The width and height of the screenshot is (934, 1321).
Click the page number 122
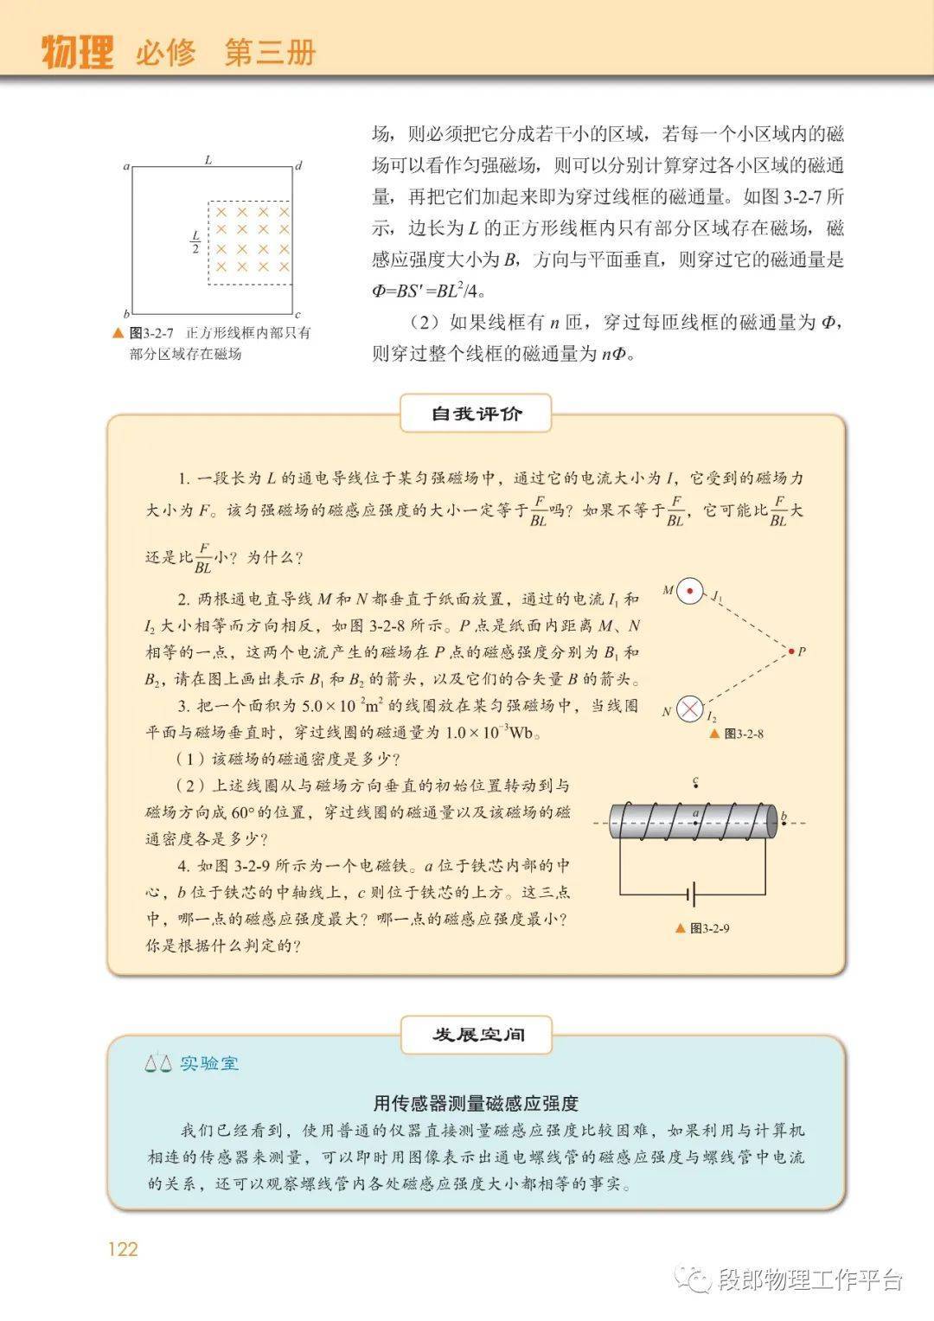tap(123, 1248)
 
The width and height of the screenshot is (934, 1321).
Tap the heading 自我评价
tap(477, 414)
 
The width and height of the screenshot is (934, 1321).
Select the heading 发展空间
tap(477, 1035)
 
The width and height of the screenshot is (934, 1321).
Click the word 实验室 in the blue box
tap(209, 1063)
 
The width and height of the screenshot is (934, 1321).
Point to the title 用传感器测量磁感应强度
tap(476, 1103)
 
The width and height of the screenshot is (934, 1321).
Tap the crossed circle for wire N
tap(689, 710)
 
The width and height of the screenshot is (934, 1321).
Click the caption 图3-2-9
tap(710, 928)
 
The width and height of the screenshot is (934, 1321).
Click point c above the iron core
tap(695, 783)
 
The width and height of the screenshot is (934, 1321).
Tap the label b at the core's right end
tap(784, 816)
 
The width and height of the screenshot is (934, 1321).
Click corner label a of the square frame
tap(126, 166)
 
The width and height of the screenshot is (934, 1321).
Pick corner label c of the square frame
tap(297, 315)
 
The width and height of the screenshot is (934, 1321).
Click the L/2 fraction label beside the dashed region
tap(195, 241)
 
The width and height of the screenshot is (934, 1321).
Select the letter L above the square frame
tap(208, 159)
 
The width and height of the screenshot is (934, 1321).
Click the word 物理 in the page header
tap(78, 53)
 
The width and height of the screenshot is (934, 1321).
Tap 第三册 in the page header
tap(270, 53)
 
